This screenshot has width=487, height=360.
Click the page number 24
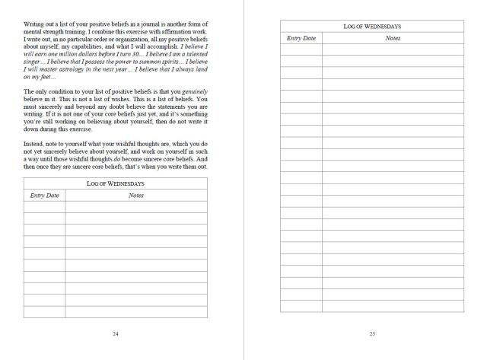point(115,333)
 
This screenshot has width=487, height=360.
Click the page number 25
point(372,333)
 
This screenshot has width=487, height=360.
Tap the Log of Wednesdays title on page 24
point(116,184)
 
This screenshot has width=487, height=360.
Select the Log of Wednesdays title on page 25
point(371,27)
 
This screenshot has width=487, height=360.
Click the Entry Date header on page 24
point(45,196)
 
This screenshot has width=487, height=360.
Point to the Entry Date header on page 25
point(301,37)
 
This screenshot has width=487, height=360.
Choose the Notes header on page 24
point(136,196)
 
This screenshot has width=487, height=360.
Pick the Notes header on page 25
point(393,37)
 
